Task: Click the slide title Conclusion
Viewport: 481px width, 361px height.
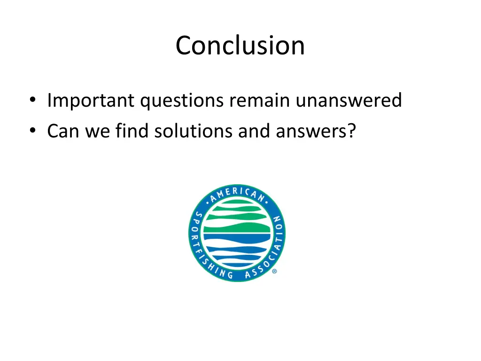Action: [x=240, y=46]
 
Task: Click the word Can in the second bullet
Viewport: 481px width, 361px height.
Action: [x=63, y=131]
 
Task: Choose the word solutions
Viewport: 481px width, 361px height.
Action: [x=194, y=131]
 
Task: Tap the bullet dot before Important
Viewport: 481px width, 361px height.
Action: [x=32, y=101]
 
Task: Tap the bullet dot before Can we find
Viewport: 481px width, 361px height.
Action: [x=32, y=132]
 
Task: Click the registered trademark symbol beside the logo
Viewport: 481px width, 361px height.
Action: [x=274, y=271]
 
